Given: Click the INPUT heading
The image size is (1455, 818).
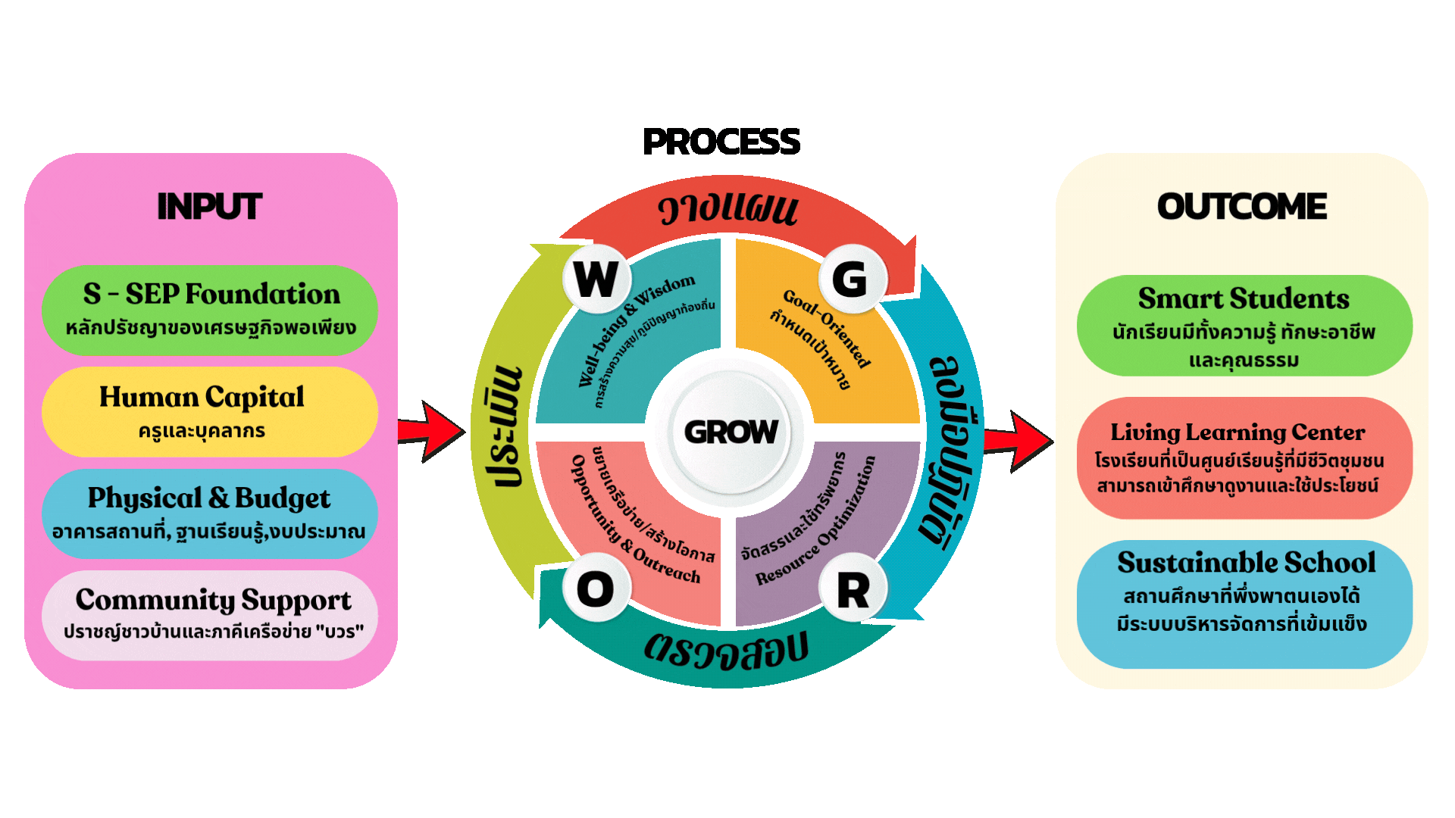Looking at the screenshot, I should [x=209, y=207].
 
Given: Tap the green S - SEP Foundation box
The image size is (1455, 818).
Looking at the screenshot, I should [x=210, y=310].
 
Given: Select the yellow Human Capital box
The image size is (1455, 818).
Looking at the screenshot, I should [x=210, y=411].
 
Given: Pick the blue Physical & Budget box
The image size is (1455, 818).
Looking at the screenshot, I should [x=210, y=513].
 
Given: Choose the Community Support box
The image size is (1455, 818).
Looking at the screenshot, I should [x=210, y=614].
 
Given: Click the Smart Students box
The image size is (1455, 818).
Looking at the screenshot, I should [x=1244, y=326].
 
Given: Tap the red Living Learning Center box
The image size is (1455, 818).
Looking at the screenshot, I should [x=1244, y=457].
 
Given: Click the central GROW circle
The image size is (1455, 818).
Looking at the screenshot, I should [x=730, y=432].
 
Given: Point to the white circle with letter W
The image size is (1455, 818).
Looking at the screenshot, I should [x=596, y=279].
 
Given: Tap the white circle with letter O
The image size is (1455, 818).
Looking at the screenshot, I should [x=596, y=589].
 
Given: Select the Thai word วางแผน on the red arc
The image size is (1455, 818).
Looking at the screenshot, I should [x=727, y=209].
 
